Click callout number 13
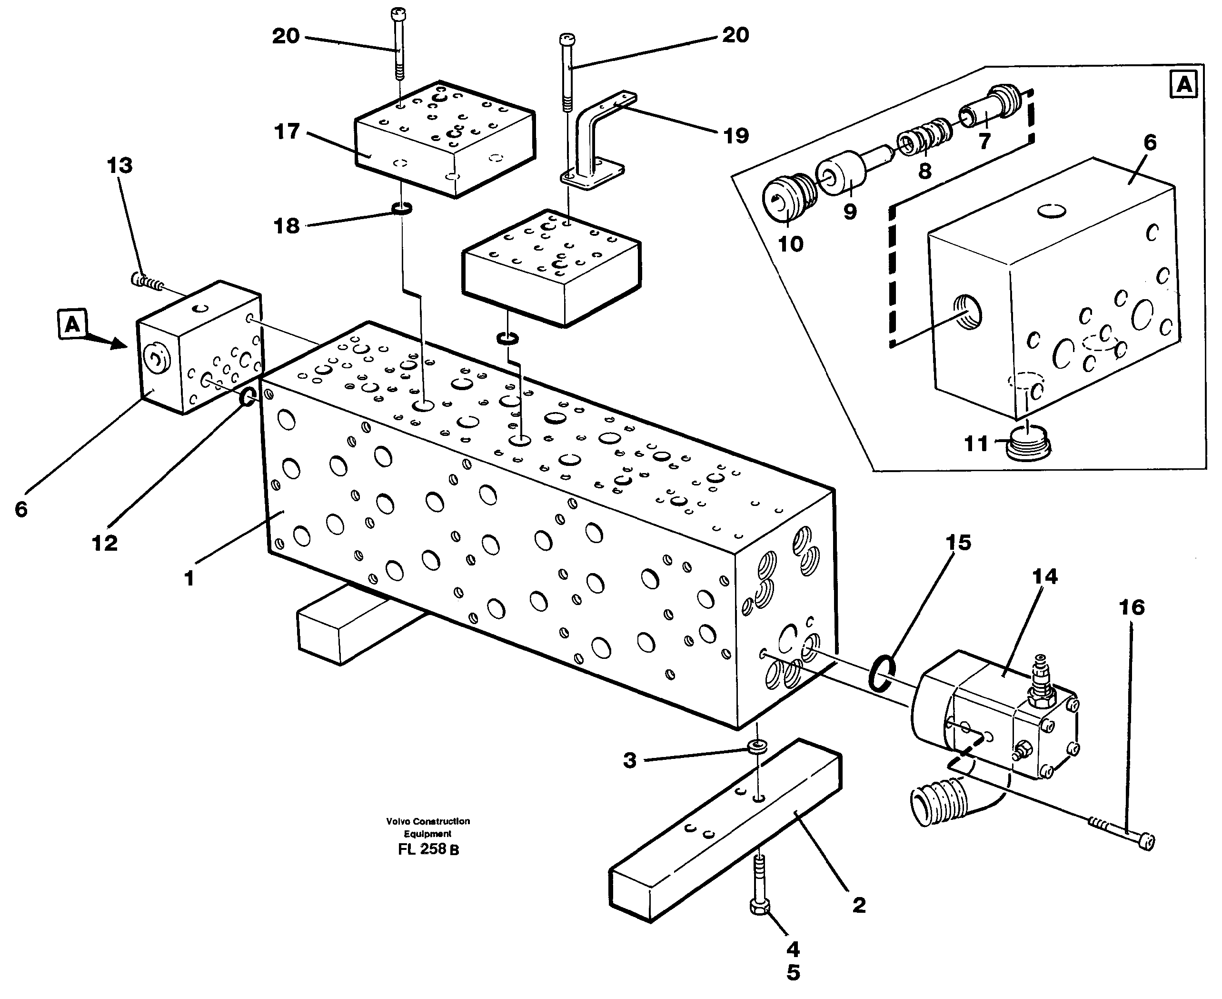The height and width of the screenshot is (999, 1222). point(119,166)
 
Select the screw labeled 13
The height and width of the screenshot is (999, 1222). point(147,282)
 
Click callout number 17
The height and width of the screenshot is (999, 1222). point(287,132)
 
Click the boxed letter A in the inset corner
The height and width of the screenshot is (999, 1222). point(1183,85)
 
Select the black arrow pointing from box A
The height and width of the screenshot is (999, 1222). point(106,343)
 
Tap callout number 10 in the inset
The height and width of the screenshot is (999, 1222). point(790,244)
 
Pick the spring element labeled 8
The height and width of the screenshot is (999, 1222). point(924,141)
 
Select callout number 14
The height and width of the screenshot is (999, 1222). point(1044,576)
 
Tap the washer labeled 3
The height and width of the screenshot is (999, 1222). point(757,747)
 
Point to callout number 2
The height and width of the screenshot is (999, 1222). point(859,905)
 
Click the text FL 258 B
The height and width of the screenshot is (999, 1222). point(428,849)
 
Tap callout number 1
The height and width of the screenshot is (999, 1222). point(189,578)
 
